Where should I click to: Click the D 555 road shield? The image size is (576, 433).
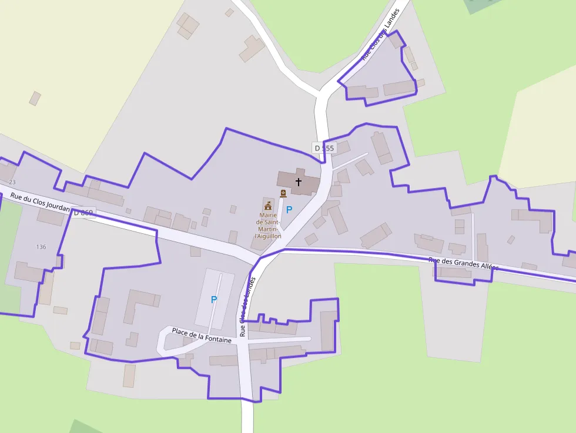[323, 148]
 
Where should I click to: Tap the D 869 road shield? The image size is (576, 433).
[83, 212]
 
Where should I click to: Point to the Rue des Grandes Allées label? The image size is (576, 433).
[463, 264]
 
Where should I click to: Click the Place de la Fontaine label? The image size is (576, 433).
[202, 335]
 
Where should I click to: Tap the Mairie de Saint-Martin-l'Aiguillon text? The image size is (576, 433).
[268, 226]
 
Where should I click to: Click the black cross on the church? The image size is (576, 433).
[299, 182]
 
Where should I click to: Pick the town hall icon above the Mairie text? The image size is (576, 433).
[268, 205]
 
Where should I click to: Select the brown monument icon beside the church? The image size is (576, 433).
[283, 193]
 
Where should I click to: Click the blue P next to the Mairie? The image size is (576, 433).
[289, 209]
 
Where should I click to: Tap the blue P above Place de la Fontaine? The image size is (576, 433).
[214, 300]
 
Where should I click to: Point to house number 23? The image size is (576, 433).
[12, 182]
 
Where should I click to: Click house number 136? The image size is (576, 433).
[41, 246]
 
